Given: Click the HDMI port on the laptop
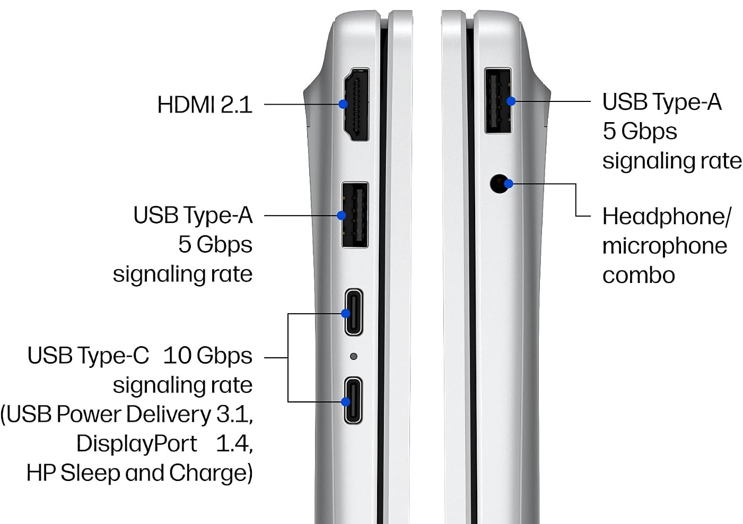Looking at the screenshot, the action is (x=356, y=105).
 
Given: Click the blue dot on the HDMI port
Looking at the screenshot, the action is (x=343, y=104).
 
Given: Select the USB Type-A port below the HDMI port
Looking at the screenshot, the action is (x=355, y=215).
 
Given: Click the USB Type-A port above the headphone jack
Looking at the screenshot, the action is (x=498, y=101).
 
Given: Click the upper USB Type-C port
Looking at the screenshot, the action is (x=354, y=312).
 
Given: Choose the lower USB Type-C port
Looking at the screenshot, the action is (x=353, y=400).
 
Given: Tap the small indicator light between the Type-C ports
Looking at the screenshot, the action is (x=354, y=356).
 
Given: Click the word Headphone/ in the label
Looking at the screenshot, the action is (x=667, y=217).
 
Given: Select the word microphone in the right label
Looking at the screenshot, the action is (x=665, y=246).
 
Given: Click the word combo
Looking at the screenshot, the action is (x=639, y=276).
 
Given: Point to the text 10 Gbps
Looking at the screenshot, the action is (x=208, y=356).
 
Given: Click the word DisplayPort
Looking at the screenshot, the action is (x=137, y=444).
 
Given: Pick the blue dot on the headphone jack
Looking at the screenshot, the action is (x=509, y=184).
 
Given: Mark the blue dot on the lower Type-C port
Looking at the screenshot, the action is (x=346, y=402).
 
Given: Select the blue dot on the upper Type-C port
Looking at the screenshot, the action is (x=346, y=313).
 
